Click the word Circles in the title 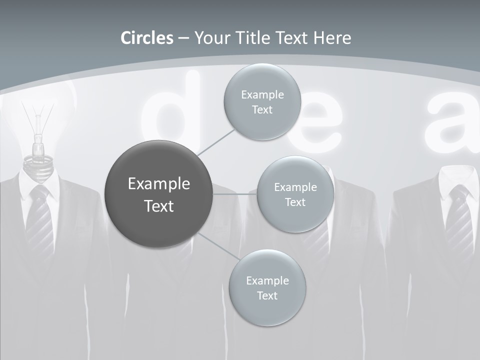pos(147,38)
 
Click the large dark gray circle pos(159,194)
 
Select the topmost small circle pos(262,102)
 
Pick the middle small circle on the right pos(295,194)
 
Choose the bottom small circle pos(267,288)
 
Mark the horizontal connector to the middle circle pos(235,194)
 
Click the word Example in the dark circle pos(159,184)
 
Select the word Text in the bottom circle pos(267,296)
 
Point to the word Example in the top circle pos(262,94)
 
